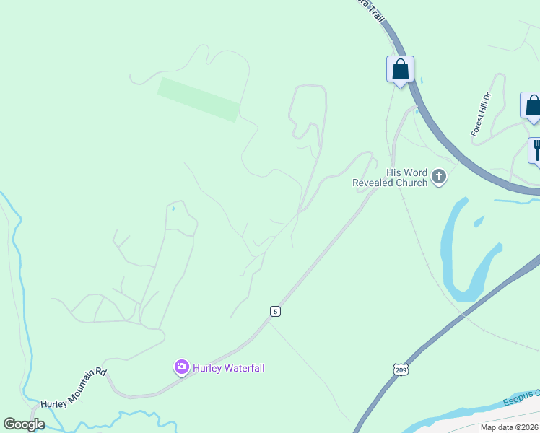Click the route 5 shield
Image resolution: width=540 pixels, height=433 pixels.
(x=275, y=311)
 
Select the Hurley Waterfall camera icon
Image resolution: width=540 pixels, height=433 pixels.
(x=181, y=367)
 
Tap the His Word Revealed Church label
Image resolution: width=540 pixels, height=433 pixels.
(x=390, y=178)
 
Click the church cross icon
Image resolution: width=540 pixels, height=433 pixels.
(x=438, y=176)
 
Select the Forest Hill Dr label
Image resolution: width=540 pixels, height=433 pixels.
(x=481, y=114)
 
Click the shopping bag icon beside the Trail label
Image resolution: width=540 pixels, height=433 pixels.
(x=400, y=70)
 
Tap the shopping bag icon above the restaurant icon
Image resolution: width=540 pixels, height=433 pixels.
(x=533, y=105)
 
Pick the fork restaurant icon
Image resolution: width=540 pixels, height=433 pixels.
(x=536, y=151)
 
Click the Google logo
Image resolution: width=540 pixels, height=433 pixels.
(x=24, y=424)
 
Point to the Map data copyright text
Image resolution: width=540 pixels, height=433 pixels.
(x=509, y=427)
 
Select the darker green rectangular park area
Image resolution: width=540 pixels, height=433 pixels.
(x=199, y=100)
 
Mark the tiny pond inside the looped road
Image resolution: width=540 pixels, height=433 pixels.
(x=173, y=209)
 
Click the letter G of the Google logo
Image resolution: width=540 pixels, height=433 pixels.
(x=9, y=424)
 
